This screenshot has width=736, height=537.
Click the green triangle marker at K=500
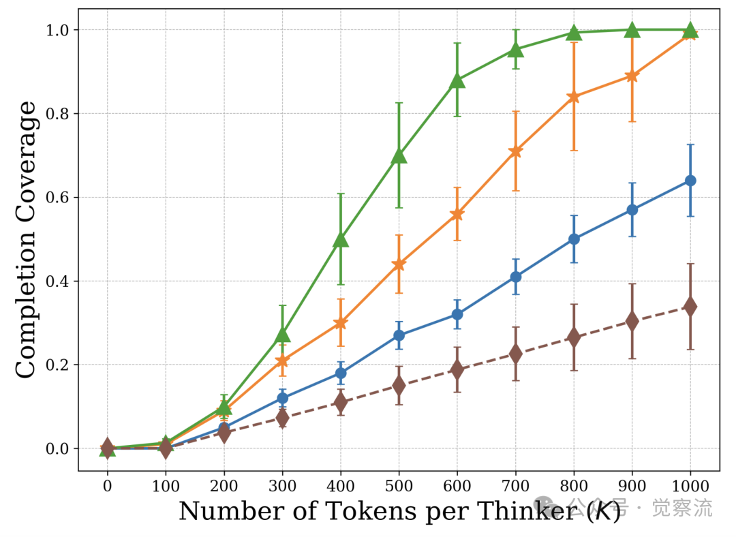pyautogui.click(x=399, y=156)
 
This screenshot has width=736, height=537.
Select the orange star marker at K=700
pyautogui.click(x=515, y=151)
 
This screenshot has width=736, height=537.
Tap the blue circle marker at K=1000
pyautogui.click(x=690, y=181)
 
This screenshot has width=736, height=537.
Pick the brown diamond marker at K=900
pyautogui.click(x=632, y=321)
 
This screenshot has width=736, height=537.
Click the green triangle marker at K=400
pyautogui.click(x=341, y=239)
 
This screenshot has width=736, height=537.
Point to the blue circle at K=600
pyautogui.click(x=457, y=314)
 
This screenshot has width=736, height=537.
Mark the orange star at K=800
pyautogui.click(x=574, y=97)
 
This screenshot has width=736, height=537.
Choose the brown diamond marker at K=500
pyautogui.click(x=399, y=386)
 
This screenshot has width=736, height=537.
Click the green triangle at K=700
pyautogui.click(x=515, y=49)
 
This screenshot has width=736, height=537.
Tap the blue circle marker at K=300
pyautogui.click(x=282, y=398)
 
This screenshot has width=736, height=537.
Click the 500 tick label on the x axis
pyautogui.click(x=399, y=486)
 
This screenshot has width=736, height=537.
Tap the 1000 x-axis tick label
pyautogui.click(x=690, y=486)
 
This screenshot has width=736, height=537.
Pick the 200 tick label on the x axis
pyautogui.click(x=224, y=486)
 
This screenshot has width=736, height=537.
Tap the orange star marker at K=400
pyautogui.click(x=341, y=323)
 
